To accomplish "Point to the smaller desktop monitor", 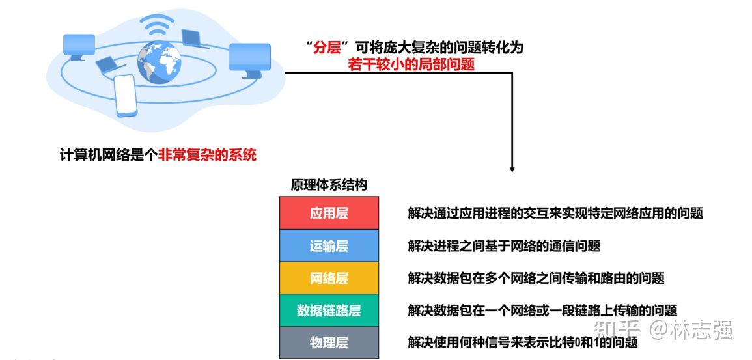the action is pos(79,47).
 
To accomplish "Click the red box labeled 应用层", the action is pos(329,213).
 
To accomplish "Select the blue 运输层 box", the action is pos(329,245).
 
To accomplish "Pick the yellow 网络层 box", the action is pos(329,278).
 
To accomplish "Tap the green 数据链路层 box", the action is pos(329,311).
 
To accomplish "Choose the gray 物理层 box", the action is pos(329,342).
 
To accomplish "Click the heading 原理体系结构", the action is pos(329,185).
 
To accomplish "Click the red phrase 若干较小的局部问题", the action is pos(411,65).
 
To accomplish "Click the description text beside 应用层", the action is pos(555,213).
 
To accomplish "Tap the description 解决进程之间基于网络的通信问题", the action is pos(504,245).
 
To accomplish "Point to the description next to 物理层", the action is pos(518,342).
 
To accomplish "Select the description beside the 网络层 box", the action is pos(536,278).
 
